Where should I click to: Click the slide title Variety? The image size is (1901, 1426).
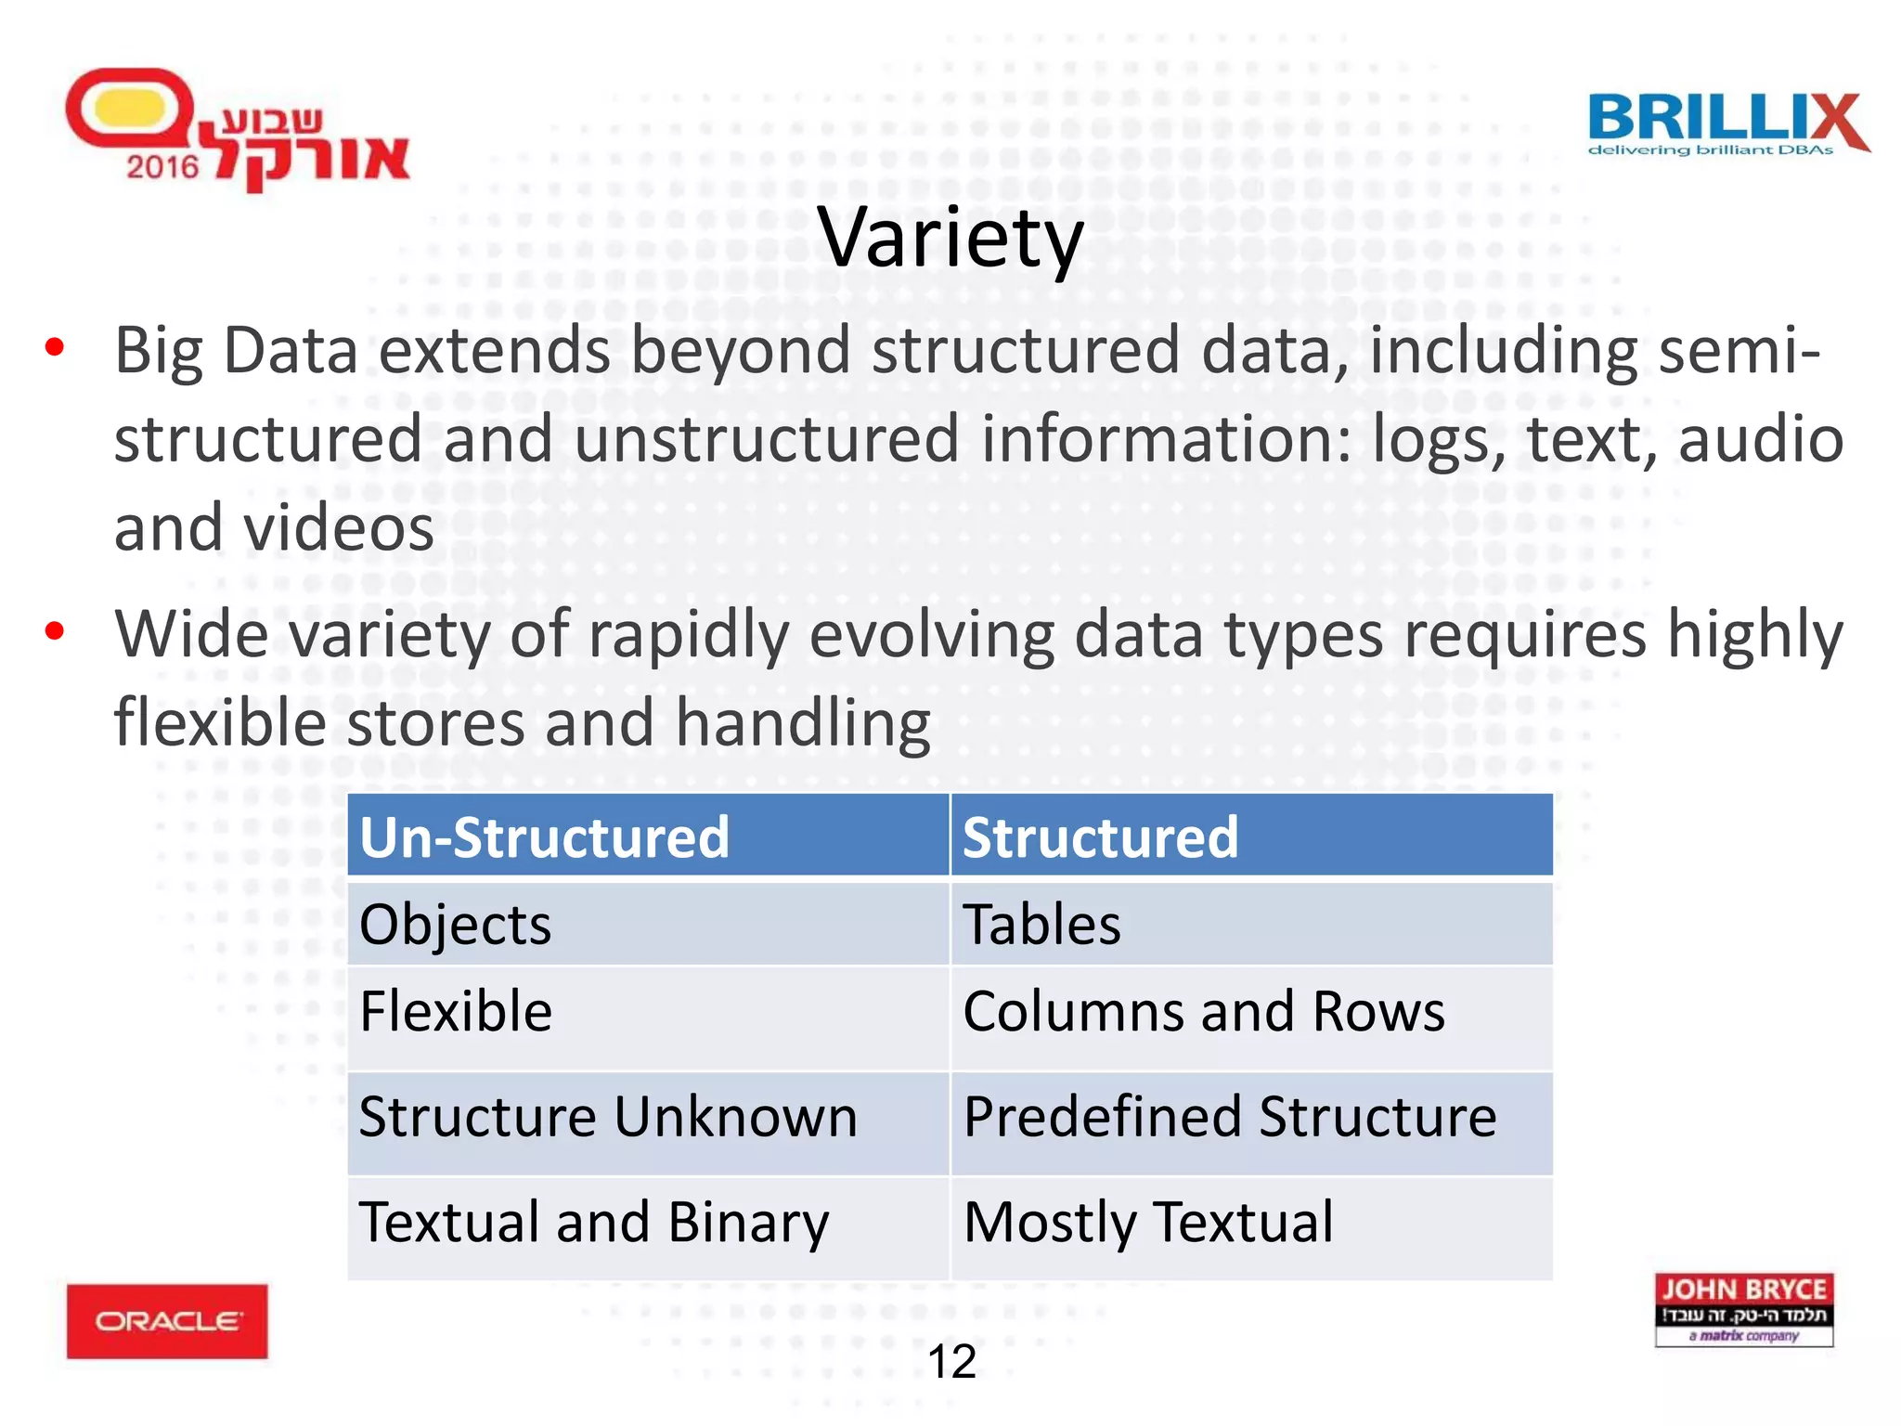(950, 239)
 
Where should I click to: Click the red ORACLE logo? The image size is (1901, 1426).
(167, 1321)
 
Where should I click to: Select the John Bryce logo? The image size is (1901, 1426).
(1743, 1309)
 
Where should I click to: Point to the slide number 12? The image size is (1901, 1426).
(951, 1362)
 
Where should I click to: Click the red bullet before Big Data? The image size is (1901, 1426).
(55, 348)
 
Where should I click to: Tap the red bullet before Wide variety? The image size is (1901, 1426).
(55, 631)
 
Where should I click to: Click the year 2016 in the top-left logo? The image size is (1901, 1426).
(162, 167)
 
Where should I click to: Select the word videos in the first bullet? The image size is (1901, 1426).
(339, 528)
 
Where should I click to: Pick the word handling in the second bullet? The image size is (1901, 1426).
(803, 723)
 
